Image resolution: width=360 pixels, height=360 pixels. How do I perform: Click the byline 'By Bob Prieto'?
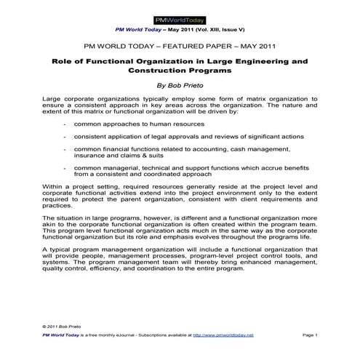(180, 84)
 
